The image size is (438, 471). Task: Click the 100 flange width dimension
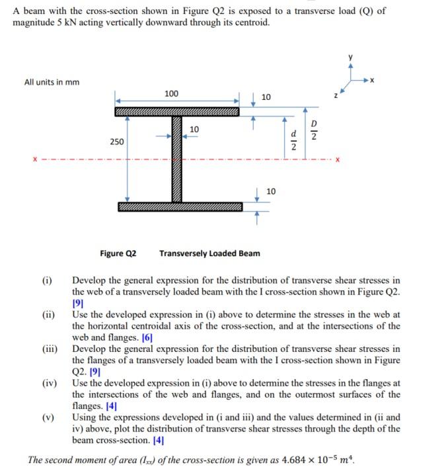[171, 94]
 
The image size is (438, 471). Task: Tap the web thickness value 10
[194, 128]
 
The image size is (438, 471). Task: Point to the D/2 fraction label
[314, 131]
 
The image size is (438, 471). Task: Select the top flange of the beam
[177, 112]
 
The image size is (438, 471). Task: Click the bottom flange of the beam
[180, 207]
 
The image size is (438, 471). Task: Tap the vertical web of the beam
[176, 159]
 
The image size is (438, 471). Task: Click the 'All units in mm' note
[52, 82]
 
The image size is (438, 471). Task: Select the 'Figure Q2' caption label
[118, 253]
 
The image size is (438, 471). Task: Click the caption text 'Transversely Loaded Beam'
[209, 253]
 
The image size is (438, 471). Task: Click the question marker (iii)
[50, 349]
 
